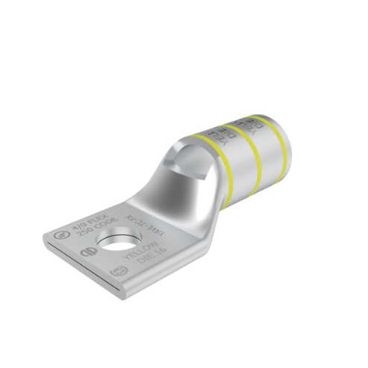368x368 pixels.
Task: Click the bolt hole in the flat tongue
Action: click(x=116, y=241)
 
